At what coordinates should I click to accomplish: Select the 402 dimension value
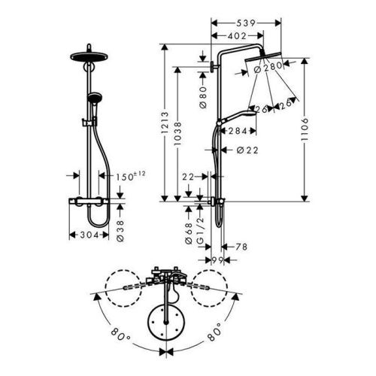(232, 36)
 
